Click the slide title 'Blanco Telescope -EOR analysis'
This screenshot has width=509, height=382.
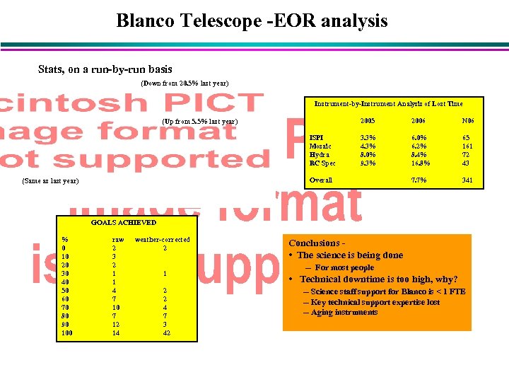click(252, 21)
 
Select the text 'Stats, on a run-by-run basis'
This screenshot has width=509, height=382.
click(105, 69)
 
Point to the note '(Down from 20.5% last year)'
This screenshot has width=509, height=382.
click(185, 83)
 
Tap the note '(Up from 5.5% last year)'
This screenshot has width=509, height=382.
click(200, 122)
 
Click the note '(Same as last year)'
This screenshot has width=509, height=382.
click(50, 181)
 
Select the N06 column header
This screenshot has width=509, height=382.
click(467, 122)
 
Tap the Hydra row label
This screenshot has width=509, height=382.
click(320, 154)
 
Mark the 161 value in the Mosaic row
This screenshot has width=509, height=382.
click(467, 146)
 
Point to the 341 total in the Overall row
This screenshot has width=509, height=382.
click(467, 180)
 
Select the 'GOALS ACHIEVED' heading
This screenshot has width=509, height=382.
click(124, 223)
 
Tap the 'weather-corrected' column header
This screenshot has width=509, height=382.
click(162, 240)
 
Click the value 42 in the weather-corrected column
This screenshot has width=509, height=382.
click(165, 332)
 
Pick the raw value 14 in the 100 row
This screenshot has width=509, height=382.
click(116, 332)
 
